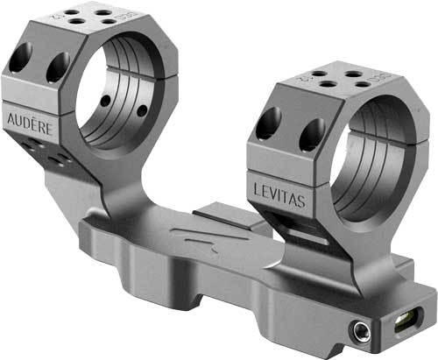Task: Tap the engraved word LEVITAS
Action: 279,199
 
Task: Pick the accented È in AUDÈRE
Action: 39,127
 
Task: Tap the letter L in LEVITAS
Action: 257,193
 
